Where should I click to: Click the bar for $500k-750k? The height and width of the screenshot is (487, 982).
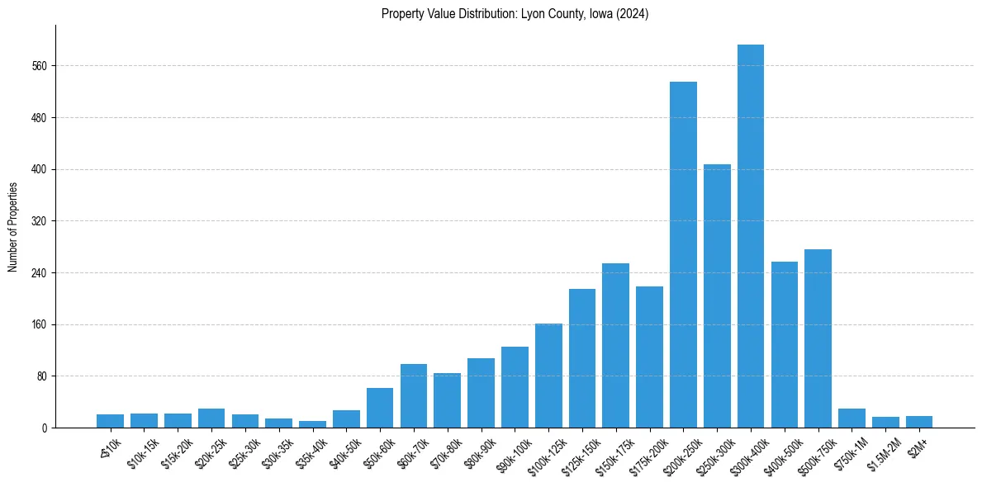coord(818,338)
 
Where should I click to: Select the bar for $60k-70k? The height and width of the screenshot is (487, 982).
coord(414,395)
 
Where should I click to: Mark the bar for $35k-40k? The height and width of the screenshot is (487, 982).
coord(312,424)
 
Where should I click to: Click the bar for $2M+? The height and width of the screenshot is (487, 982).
coord(919,422)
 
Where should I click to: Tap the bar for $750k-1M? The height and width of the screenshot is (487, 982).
coord(852,418)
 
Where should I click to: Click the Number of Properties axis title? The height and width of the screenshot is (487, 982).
coord(13,227)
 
